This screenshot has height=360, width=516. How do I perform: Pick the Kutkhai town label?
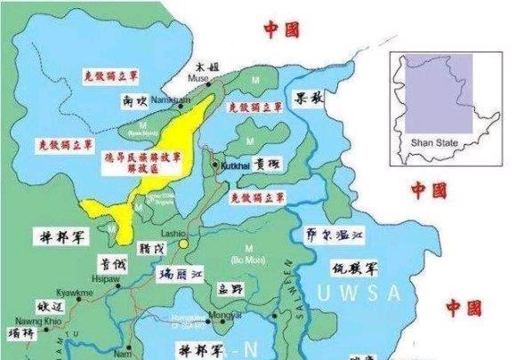click(233, 165)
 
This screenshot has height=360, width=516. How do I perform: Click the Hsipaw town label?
click(108, 276)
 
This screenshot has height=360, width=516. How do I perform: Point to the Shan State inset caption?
click(429, 141)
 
